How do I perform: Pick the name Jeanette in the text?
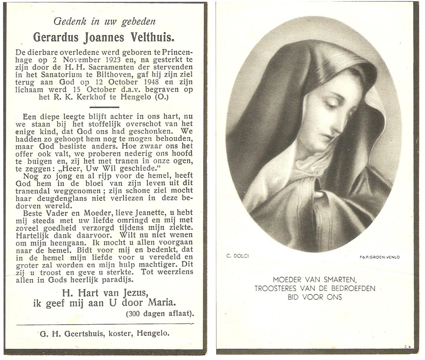pyautogui.click(x=150, y=213)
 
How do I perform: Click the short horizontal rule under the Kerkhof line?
pyautogui.click(x=104, y=107)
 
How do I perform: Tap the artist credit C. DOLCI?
pyautogui.click(x=237, y=256)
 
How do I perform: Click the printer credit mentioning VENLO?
pyautogui.click(x=379, y=257)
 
